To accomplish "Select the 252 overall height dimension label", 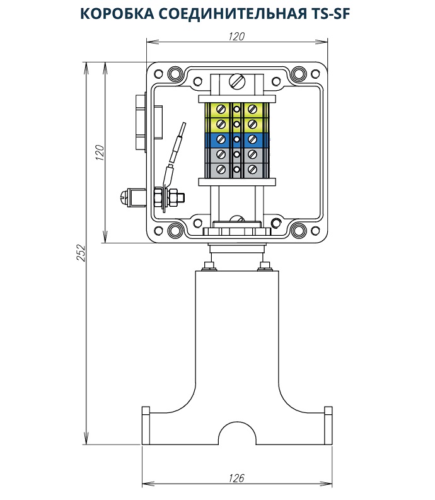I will click(81, 252).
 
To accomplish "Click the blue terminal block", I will click(236, 139).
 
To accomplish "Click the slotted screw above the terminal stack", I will click(237, 81).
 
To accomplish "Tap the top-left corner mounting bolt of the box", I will click(174, 74).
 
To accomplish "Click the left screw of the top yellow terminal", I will click(221, 108).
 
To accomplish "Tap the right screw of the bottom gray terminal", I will click(252, 170).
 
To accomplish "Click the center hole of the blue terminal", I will click(236, 139).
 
